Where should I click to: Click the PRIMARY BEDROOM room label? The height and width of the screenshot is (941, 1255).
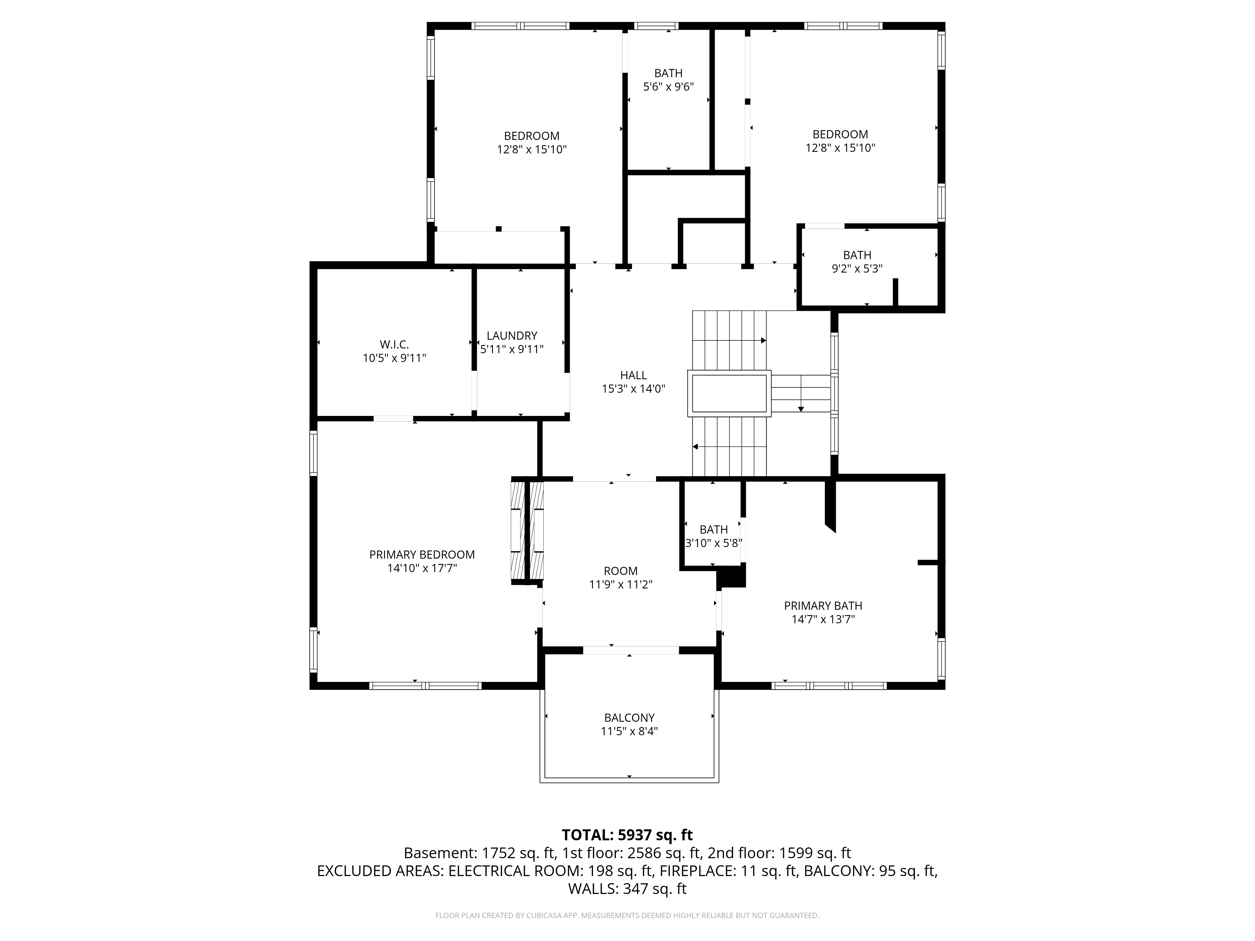click(x=422, y=555)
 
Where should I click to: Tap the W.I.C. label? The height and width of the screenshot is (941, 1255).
click(x=394, y=345)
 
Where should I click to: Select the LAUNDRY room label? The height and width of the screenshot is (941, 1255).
click(x=512, y=336)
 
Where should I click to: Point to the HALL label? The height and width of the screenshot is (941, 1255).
click(x=633, y=375)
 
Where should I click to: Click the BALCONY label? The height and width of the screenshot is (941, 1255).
click(x=629, y=718)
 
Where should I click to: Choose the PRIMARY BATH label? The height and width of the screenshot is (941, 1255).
click(x=823, y=606)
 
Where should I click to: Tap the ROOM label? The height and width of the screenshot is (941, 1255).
click(x=621, y=571)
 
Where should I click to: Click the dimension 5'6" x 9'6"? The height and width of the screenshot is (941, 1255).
click(x=668, y=87)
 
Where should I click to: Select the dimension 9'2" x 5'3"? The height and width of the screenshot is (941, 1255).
click(x=857, y=269)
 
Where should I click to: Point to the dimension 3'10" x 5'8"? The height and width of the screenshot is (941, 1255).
click(x=714, y=543)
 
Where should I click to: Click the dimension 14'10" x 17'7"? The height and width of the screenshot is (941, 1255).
click(x=422, y=568)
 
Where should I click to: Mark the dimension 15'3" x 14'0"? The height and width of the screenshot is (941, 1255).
click(x=633, y=389)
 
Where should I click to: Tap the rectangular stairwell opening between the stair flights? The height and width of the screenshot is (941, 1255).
click(x=729, y=393)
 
